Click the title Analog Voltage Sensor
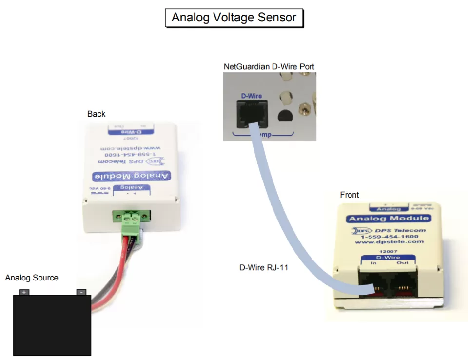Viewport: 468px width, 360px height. click(234, 18)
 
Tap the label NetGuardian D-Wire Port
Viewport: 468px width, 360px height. click(269, 66)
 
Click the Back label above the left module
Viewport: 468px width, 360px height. click(96, 114)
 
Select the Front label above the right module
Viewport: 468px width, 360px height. click(349, 195)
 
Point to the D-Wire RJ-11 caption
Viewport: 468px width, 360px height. click(263, 267)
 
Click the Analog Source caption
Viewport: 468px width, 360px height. click(32, 278)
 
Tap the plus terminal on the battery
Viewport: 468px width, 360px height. click(24, 292)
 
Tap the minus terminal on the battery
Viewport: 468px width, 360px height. click(81, 292)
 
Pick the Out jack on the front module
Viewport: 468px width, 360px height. click(402, 285)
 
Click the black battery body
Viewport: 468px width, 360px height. click(52, 324)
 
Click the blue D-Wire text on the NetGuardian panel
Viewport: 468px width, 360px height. click(251, 96)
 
